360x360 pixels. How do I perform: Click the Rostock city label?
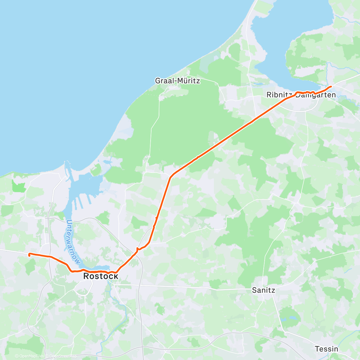pos(101,276)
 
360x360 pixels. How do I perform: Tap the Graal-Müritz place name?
pos(177,81)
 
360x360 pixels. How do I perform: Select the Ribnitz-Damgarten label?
pos(301,95)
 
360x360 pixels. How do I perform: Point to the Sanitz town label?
pos(263,290)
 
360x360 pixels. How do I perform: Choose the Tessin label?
pos(326,349)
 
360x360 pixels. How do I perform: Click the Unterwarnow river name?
pos(73,242)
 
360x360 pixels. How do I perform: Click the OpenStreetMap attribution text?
pos(63,356)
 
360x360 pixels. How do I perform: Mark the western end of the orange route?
pos(29,255)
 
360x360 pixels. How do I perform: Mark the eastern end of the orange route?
pos(331,87)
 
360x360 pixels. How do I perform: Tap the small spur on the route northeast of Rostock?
pos(137,249)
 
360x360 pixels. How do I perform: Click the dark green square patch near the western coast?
pos(18,187)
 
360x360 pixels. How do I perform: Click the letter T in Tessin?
pos(317,349)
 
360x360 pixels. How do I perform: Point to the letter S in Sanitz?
pos(254,290)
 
